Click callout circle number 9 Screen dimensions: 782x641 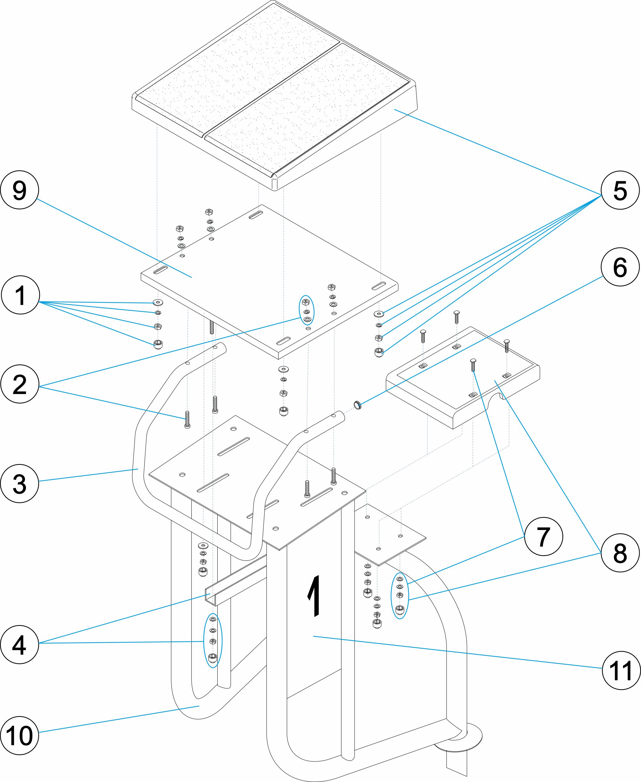(20, 190)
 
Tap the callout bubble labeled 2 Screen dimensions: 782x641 (20, 384)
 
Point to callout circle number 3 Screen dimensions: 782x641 (20, 483)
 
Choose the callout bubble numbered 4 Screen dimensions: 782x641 (20, 644)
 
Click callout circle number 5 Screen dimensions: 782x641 (620, 190)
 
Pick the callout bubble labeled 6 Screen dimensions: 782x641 (620, 267)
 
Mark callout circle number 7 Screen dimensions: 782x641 (544, 536)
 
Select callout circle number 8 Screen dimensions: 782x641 (620, 553)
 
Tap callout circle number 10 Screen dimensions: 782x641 (20, 736)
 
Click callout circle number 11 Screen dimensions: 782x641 (621, 670)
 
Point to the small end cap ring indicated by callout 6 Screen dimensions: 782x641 (357, 405)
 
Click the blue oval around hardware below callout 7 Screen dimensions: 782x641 (400, 596)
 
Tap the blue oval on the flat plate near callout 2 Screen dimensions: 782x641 (306, 310)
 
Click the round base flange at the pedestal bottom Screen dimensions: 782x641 (462, 737)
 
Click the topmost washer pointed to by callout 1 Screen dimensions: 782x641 (158, 303)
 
